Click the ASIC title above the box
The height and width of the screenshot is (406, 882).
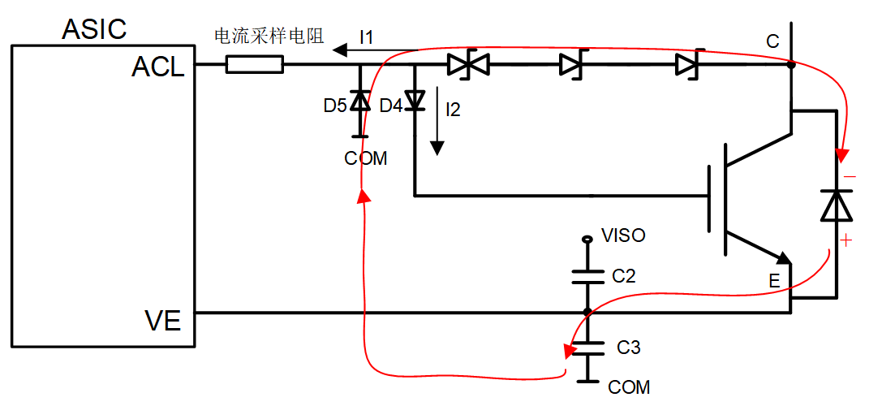tap(94, 28)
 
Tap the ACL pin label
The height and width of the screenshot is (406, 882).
tap(158, 67)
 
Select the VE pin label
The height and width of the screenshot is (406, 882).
tap(162, 322)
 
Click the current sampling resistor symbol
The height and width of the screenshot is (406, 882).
tap(254, 65)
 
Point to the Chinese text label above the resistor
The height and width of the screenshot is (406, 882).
tap(269, 37)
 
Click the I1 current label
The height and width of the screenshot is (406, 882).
tap(366, 37)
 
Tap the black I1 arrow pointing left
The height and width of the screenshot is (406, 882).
tap(374, 51)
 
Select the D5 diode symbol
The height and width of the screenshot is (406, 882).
tap(359, 101)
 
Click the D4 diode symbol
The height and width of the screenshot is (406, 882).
tap(415, 101)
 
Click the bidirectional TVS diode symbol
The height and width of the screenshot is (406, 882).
tap(468, 65)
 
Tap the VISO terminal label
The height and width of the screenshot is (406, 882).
tap(623, 235)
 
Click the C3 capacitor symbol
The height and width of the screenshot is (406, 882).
tap(587, 348)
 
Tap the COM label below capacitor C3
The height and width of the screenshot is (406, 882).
tap(629, 387)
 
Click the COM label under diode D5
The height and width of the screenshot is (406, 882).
tap(366, 158)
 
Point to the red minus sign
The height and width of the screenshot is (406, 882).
tap(850, 177)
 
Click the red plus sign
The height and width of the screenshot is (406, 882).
tap(845, 241)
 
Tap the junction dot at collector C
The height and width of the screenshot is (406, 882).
tap(790, 65)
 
